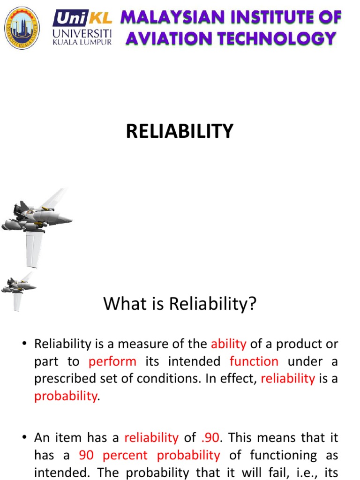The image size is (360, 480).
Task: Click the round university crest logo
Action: pyautogui.click(x=22, y=28)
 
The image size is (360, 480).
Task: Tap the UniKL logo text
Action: pyautogui.click(x=82, y=18)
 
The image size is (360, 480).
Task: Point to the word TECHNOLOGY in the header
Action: pyautogui.click(x=276, y=38)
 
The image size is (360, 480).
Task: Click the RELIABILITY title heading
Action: pyautogui.click(x=180, y=132)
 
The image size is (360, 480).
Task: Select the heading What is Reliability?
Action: pyautogui.click(x=180, y=304)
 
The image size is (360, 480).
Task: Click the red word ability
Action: pyautogui.click(x=228, y=344)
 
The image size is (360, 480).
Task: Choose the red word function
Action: pyautogui.click(x=254, y=361)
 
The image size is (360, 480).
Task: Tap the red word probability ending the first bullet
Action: pyautogui.click(x=65, y=396)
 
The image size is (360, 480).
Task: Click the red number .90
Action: pyautogui.click(x=210, y=438)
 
